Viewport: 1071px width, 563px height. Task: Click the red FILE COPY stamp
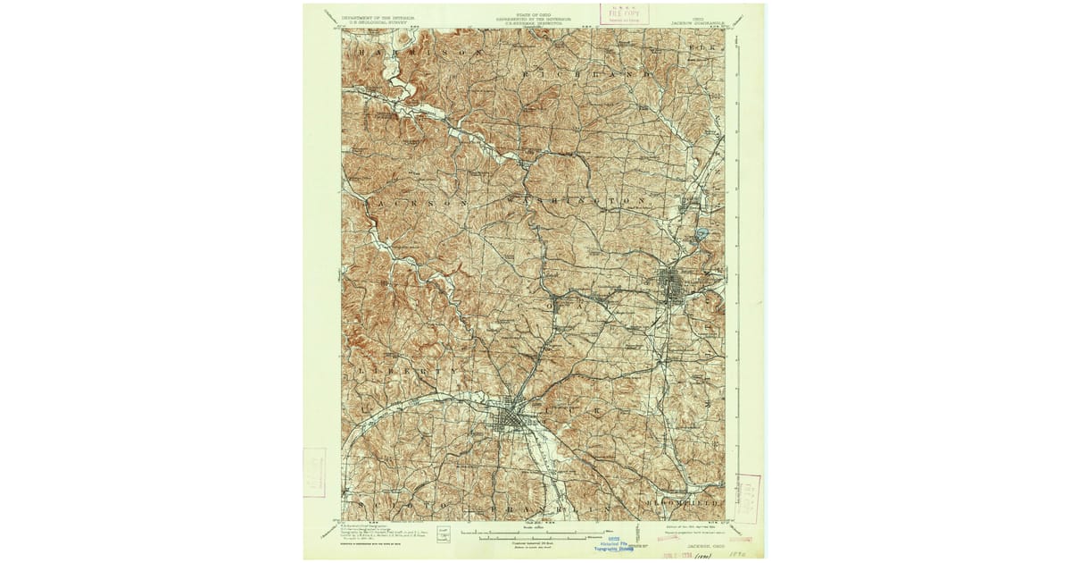(x=625, y=14)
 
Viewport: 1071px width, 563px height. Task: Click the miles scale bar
(x=535, y=536)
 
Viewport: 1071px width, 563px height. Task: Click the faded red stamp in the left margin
(x=314, y=472)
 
